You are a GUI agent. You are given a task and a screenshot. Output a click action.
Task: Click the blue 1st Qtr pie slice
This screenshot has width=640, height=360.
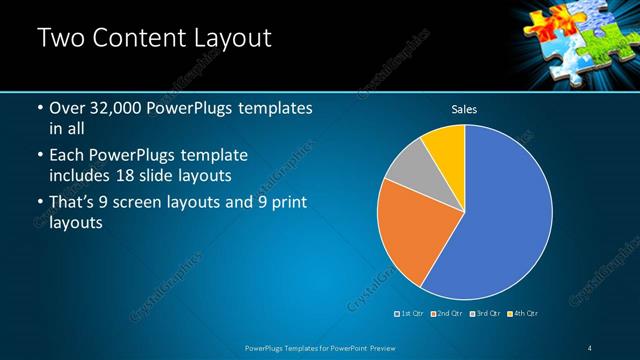500,215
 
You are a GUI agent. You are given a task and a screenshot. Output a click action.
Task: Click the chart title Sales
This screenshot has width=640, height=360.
464,108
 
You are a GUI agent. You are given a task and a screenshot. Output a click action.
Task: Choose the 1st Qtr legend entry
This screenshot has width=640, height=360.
410,314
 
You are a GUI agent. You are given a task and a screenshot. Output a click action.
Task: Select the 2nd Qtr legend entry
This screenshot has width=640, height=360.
445,314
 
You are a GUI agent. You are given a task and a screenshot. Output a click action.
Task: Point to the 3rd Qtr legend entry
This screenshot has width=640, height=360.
484,314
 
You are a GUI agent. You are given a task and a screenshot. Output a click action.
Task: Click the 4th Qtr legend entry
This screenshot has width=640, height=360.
521,314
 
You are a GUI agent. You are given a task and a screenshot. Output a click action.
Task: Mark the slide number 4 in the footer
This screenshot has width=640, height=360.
589,348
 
